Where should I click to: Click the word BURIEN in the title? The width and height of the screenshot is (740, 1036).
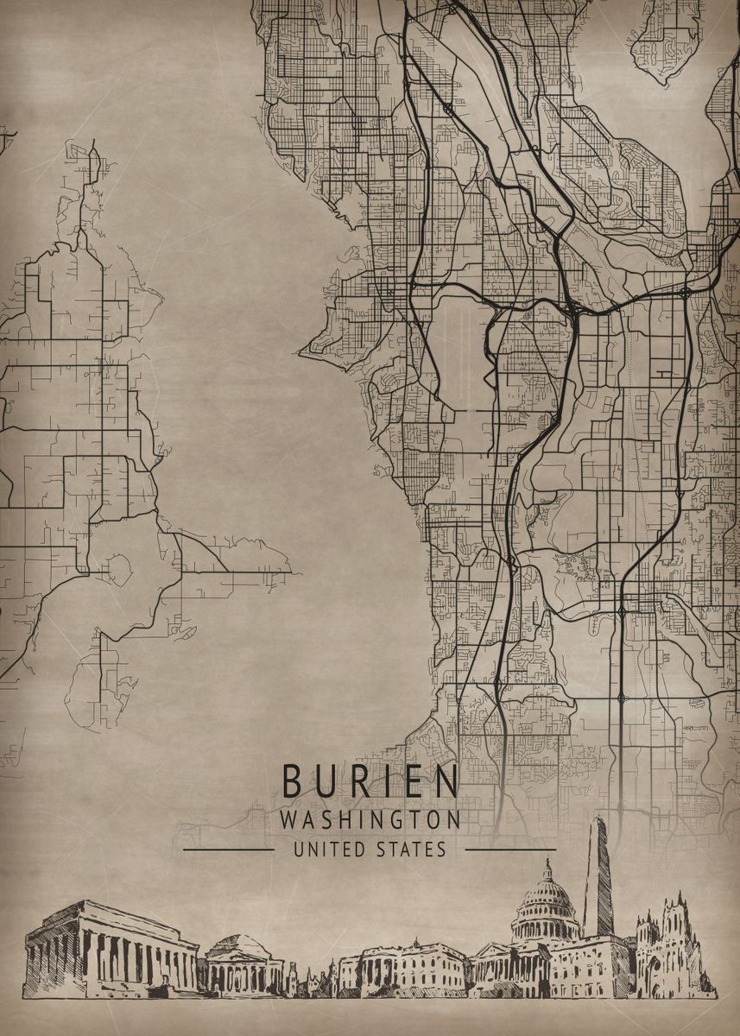coord(370,782)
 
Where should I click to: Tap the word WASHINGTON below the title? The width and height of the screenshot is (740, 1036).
coord(370,819)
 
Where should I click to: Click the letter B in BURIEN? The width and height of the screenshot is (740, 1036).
coord(293,782)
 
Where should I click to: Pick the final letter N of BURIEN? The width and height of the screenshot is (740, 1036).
coord(447,782)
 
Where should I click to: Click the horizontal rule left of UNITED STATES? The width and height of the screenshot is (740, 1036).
coord(229,850)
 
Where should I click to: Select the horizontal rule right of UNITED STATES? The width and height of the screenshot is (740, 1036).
coord(509,850)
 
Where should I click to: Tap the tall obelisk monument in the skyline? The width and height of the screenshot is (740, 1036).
coord(598,881)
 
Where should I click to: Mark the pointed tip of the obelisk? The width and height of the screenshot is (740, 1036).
coord(598,819)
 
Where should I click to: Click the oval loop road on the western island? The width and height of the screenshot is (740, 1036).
coord(117,569)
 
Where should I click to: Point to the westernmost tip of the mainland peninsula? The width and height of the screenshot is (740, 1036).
coord(300,352)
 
